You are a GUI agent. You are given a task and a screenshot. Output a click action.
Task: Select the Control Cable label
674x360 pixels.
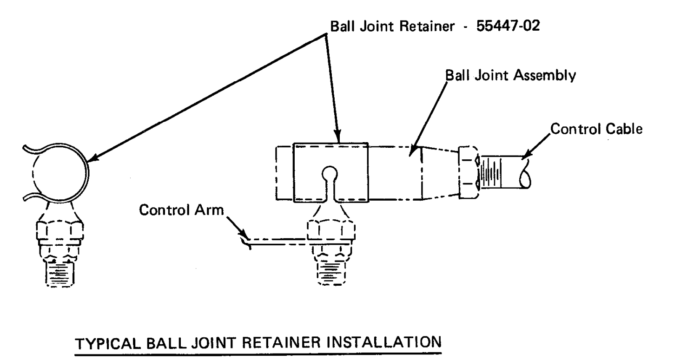click(596, 129)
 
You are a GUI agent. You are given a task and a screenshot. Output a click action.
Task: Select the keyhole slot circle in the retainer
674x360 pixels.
click(331, 173)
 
